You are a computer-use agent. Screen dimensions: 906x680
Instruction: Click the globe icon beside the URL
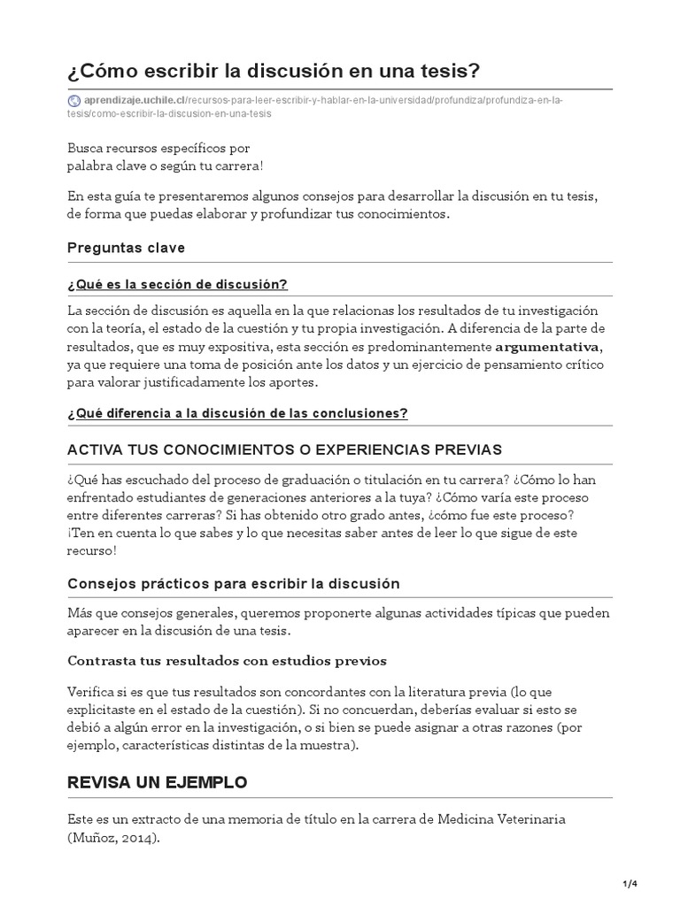click(x=73, y=100)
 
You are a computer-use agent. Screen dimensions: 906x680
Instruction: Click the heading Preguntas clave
click(x=126, y=248)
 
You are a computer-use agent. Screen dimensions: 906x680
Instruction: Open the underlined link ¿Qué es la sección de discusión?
click(x=177, y=284)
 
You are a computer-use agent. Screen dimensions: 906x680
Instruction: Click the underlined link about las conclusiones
click(x=237, y=413)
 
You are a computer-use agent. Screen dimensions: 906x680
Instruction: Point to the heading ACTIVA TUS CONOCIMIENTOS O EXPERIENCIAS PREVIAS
click(x=284, y=449)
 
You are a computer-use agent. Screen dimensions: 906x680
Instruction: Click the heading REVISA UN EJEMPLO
click(x=158, y=783)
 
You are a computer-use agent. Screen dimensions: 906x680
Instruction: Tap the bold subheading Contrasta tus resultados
click(x=227, y=661)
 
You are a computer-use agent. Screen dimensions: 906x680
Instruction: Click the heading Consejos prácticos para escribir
click(x=234, y=584)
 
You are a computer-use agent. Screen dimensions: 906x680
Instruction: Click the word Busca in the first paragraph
click(x=86, y=149)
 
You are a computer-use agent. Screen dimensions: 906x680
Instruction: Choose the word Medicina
click(x=463, y=819)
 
